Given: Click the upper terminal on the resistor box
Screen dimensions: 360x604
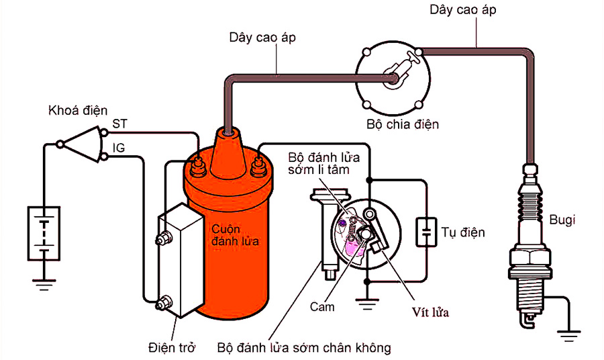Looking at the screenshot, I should click(162, 238).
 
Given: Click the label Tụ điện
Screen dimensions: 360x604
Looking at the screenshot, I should click(462, 233).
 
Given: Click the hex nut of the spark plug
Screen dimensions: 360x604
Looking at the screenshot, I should click(531, 259).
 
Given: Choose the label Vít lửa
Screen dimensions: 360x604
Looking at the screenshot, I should click(430, 312).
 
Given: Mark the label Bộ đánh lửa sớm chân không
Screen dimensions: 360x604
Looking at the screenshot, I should click(304, 348).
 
